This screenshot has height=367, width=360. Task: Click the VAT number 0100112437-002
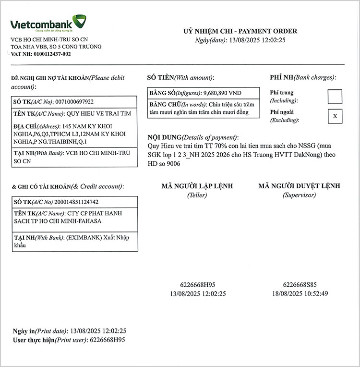[51, 54]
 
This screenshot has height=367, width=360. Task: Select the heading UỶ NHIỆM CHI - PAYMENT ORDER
[240, 31]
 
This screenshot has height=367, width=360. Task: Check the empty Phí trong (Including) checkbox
[335, 97]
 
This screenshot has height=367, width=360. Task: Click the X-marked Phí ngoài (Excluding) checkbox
[335, 116]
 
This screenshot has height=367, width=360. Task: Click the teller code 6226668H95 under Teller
[198, 284]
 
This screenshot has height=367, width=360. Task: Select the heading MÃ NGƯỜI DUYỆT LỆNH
[299, 186]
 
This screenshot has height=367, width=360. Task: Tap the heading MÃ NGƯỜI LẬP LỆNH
[198, 186]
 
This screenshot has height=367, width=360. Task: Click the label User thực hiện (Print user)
[48, 340]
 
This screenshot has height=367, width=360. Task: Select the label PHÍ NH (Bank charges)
[303, 77]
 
